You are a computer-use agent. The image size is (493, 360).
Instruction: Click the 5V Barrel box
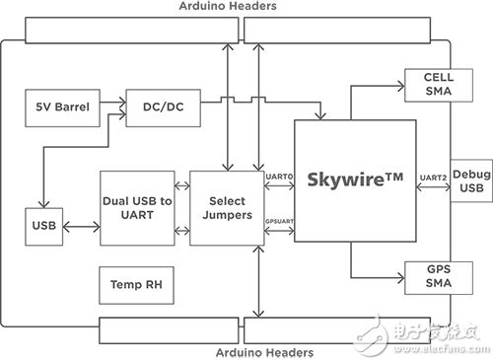pyautogui.click(x=62, y=108)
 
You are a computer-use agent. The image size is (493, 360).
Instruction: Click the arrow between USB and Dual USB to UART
pyautogui.click(x=80, y=226)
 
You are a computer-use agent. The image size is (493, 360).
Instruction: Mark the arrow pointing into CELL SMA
pyautogui.click(x=380, y=85)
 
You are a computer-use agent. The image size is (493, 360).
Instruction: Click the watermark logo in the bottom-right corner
pyautogui.click(x=434, y=335)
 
